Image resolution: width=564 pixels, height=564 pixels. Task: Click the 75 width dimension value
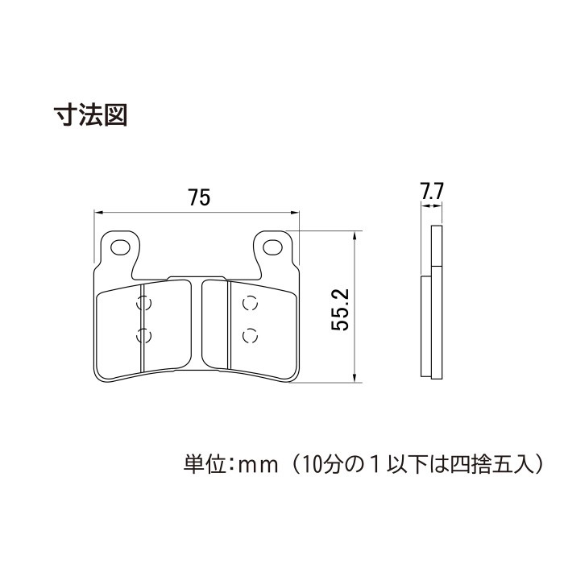199,198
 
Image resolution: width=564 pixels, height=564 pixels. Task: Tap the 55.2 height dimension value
340,309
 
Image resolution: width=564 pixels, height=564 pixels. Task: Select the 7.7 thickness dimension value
433,191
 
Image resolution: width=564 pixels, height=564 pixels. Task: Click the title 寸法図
90,115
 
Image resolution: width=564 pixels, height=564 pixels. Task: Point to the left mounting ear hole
121,248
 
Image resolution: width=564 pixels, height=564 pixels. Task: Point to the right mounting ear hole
272,247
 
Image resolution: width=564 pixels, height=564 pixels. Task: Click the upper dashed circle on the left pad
144,303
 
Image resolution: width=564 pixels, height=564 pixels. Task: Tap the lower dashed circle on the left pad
144,336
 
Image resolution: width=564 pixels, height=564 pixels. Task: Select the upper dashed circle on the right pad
251,303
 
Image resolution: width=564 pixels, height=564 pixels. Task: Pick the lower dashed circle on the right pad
251,336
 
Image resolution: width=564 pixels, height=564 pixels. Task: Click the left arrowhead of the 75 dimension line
98,213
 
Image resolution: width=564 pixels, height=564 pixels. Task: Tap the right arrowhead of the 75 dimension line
295,213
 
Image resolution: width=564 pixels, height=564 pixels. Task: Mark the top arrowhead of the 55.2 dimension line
355,236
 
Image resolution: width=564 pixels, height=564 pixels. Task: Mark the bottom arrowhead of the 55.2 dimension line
355,378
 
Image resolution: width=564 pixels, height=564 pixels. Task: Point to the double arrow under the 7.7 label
432,206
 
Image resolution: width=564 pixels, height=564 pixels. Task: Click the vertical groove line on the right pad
229,325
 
